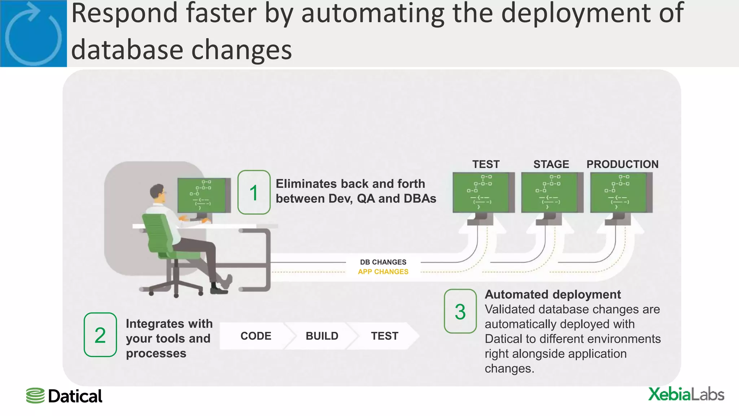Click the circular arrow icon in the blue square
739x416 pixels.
pos(33,34)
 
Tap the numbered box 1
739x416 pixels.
pos(254,192)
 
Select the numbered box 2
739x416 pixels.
pos(100,335)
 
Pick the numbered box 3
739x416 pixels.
pos(460,311)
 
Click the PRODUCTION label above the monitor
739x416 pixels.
pos(622,164)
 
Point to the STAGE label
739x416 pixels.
pos(551,164)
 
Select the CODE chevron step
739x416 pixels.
pos(255,336)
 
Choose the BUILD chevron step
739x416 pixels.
pos(322,336)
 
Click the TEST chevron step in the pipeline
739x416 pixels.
pos(384,336)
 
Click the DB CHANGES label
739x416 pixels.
pos(383,262)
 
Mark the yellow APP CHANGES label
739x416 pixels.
pos(383,272)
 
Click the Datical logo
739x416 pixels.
pos(64,396)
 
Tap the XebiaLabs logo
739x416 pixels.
pos(686,394)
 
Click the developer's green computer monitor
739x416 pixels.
pos(203,195)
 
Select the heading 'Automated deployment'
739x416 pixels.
pos(552,294)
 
